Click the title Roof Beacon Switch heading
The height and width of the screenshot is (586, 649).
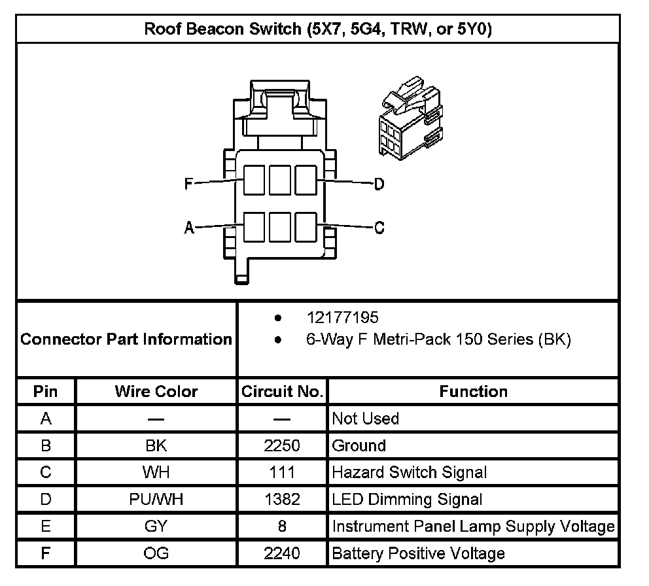click(318, 29)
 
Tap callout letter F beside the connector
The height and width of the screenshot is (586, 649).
click(188, 184)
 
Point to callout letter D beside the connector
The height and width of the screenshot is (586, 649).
click(379, 184)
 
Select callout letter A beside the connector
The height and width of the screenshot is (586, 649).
click(189, 228)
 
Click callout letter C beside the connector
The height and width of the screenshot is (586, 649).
click(379, 228)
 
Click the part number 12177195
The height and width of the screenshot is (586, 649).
click(342, 318)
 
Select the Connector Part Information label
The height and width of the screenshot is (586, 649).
click(126, 339)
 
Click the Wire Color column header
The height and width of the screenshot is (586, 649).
click(156, 391)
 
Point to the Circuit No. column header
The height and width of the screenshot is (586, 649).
click(282, 391)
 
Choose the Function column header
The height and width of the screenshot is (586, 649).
click(473, 391)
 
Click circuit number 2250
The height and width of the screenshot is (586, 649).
click(282, 445)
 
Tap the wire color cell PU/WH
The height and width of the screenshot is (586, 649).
click(156, 500)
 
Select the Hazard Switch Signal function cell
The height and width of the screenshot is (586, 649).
click(409, 472)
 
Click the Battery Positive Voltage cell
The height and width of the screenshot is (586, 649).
click(418, 553)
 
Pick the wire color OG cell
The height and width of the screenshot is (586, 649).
click(156, 553)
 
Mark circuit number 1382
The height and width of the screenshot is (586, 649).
click(282, 500)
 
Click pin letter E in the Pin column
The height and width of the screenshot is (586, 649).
click(46, 526)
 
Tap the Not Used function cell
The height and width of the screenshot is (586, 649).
click(365, 418)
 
